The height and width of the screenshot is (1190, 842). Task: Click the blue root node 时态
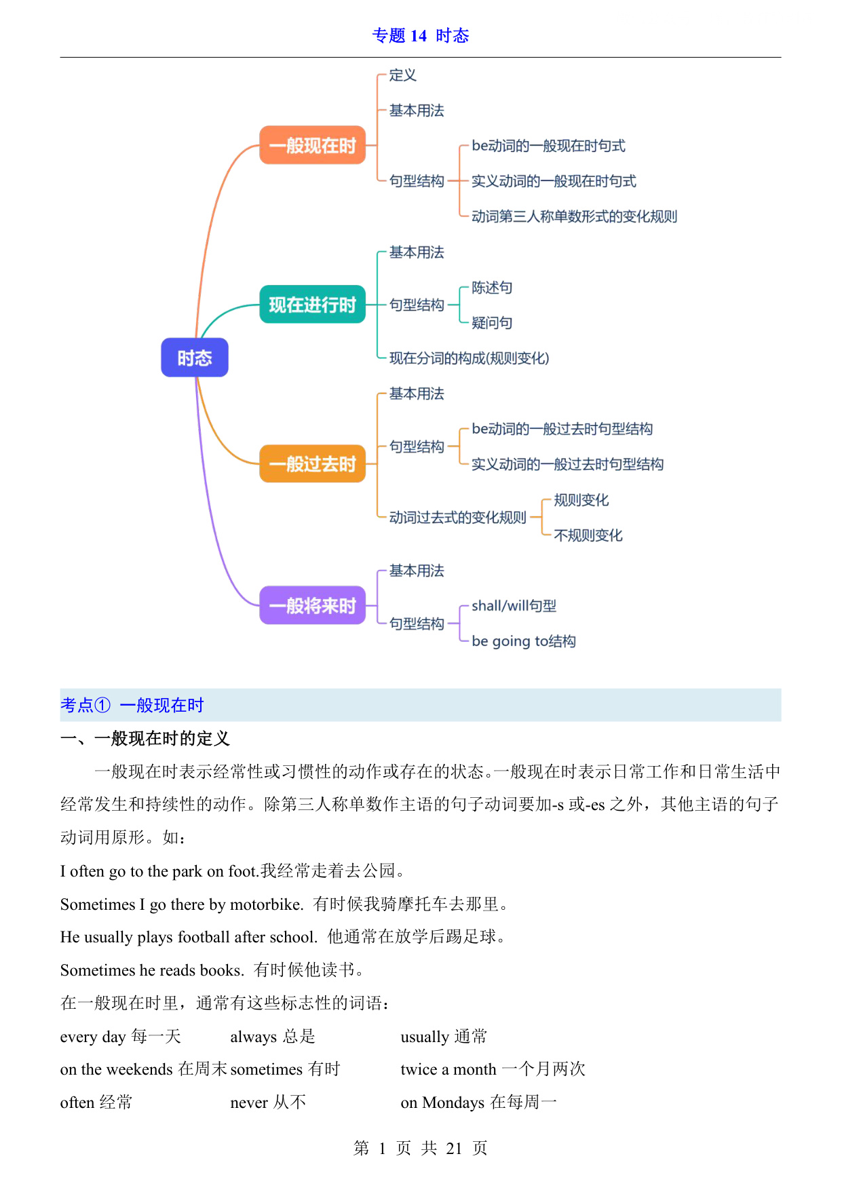195,358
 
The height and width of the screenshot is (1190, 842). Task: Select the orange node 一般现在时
313,145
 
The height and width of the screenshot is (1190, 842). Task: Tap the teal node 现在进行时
313,305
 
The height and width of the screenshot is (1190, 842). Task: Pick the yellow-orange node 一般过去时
313,464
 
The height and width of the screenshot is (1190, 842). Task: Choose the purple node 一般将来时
313,605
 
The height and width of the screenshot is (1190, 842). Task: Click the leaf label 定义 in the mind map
402,75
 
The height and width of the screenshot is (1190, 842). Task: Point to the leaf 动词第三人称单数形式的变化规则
574,216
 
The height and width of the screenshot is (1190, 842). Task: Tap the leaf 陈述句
492,288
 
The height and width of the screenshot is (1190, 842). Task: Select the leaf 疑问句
492,323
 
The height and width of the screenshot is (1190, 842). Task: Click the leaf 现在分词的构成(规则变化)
469,358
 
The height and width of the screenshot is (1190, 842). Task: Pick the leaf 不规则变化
588,535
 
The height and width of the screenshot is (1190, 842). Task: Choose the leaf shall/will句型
514,606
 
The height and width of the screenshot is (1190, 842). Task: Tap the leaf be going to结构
524,641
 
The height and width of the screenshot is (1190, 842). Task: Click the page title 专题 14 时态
421,35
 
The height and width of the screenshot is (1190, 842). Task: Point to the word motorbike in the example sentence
266,904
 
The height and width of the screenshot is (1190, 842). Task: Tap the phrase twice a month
448,1069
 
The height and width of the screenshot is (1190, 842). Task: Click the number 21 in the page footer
454,1148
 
